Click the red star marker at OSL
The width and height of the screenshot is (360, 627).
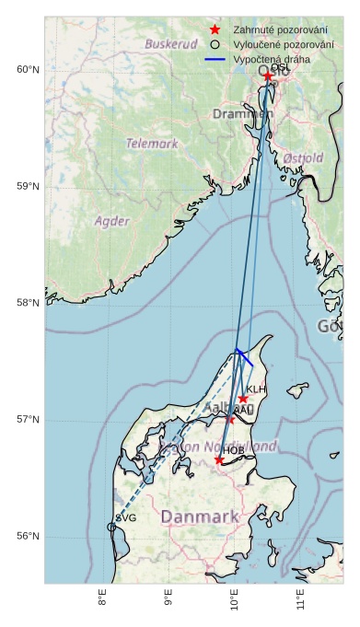pos(268,76)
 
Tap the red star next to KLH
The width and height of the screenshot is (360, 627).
pos(243,399)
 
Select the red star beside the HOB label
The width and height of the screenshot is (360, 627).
pos(219,459)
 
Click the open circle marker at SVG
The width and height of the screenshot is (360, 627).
pos(111,527)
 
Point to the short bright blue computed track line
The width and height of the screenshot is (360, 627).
pos(244,357)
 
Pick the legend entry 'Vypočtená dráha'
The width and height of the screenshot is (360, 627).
pos(272,59)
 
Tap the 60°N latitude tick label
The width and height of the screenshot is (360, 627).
pos(28,70)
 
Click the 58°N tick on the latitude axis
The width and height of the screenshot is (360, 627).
pos(28,303)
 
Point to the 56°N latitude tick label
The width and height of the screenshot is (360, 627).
pos(28,536)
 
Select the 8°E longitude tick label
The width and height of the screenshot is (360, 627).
pos(102,602)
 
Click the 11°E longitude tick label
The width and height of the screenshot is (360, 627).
pos(301,602)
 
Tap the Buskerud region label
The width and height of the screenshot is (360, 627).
pos(171,44)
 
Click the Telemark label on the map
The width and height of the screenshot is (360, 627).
pos(152,144)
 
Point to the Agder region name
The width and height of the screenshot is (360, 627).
pos(111,221)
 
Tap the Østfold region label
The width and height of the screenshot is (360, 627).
pos(303,158)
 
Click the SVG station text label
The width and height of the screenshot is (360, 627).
pos(126,518)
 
